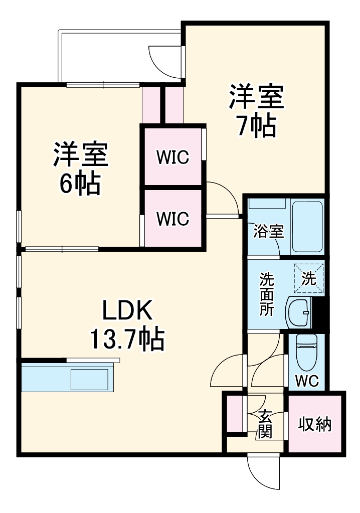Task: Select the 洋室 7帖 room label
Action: click(x=257, y=97)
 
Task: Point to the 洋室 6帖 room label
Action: click(x=80, y=154)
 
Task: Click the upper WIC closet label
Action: click(x=172, y=157)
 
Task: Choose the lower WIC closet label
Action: click(x=172, y=219)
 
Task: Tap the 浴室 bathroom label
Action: click(x=269, y=231)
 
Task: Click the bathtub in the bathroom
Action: click(x=307, y=227)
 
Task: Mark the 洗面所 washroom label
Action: click(x=267, y=293)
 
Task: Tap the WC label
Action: click(x=306, y=381)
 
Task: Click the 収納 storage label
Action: click(x=315, y=424)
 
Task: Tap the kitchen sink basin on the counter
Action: click(x=89, y=380)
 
